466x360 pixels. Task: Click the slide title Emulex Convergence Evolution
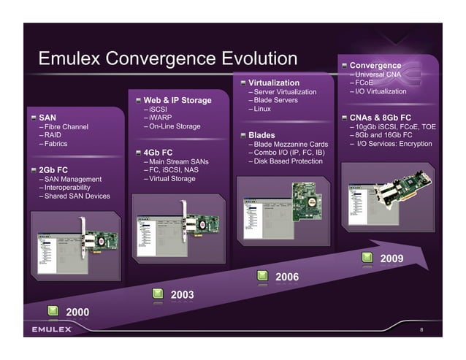[167, 58]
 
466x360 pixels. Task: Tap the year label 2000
[77, 312]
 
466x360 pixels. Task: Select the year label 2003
[182, 294]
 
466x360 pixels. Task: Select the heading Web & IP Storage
[177, 100]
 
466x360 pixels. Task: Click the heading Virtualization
[274, 83]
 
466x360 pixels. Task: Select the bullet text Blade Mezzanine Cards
[288, 144]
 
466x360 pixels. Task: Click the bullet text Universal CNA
[382, 74]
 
